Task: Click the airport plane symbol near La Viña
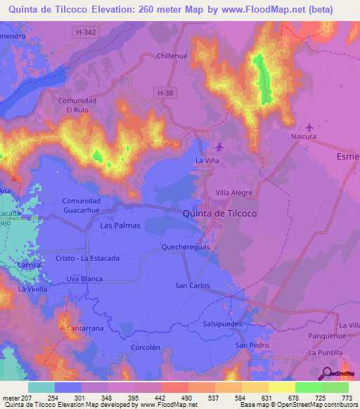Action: [x=219, y=146]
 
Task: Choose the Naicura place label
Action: [x=304, y=136]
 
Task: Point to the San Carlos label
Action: [x=192, y=285]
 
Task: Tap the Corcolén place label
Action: [x=146, y=347]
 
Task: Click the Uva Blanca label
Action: [x=84, y=278]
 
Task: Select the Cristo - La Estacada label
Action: [x=87, y=258]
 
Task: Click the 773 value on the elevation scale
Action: [x=347, y=398]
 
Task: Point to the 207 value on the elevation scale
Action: [x=27, y=398]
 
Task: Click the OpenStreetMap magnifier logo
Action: [x=327, y=374]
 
